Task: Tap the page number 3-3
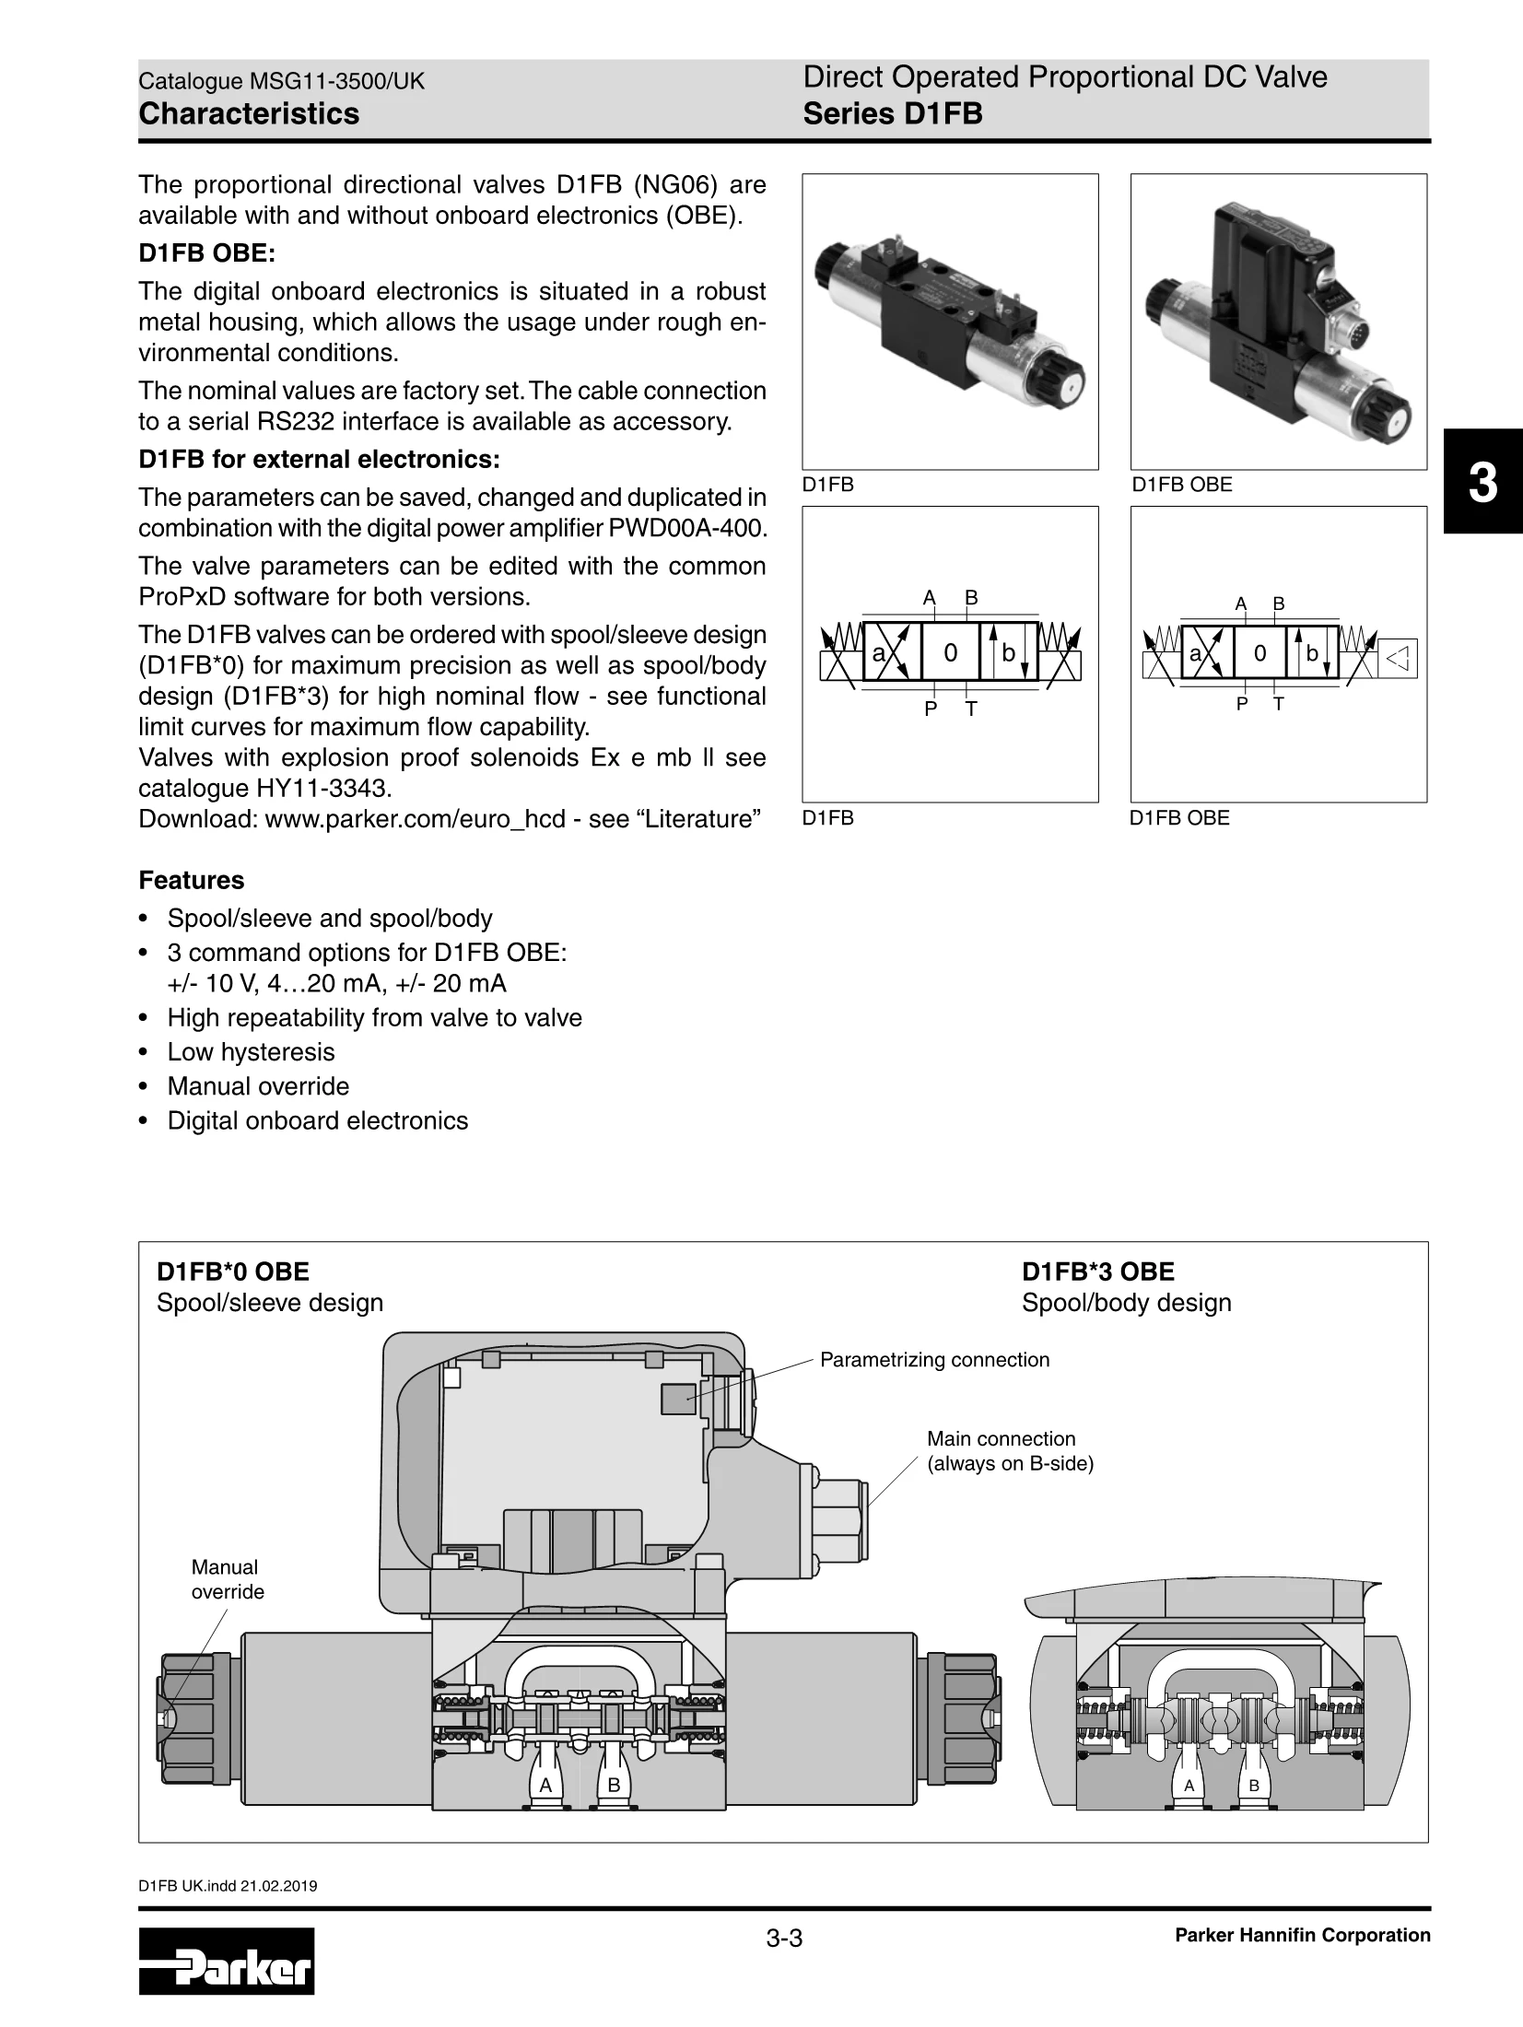(x=784, y=1939)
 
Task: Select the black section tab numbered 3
(x=1482, y=482)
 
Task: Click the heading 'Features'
(x=192, y=881)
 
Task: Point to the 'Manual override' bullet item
(x=258, y=1086)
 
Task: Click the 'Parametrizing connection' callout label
(x=934, y=1360)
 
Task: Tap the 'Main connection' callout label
(x=1001, y=1439)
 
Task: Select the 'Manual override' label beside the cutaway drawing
(x=227, y=1579)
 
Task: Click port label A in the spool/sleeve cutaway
(x=545, y=1785)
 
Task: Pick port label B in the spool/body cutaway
(x=1254, y=1786)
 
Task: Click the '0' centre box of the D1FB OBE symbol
(x=1259, y=653)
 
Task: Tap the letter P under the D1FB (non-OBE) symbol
(x=931, y=709)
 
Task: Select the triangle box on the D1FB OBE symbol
(x=1398, y=658)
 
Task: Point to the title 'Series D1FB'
(x=892, y=114)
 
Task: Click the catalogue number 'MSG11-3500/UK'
(x=337, y=81)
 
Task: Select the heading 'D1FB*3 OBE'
(x=1097, y=1272)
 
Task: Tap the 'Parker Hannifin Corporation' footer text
(x=1302, y=1936)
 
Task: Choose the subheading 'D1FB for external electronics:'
(x=319, y=459)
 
